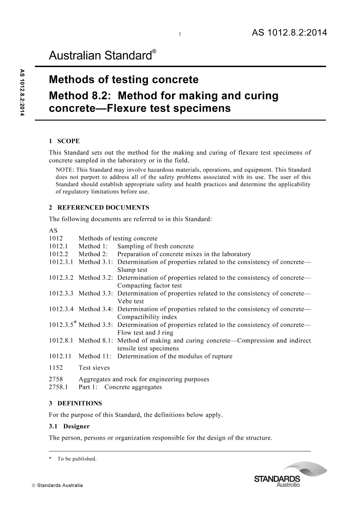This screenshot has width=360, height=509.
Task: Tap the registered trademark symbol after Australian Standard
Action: (x=154, y=52)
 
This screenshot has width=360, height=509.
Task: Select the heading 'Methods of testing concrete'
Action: (x=123, y=80)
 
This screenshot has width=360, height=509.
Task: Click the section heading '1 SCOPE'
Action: (x=64, y=141)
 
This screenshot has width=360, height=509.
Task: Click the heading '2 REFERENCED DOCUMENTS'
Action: (x=99, y=208)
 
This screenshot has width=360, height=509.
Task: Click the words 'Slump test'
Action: (x=132, y=270)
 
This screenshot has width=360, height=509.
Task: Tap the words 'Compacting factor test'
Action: (x=150, y=286)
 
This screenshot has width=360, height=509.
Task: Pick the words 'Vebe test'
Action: (x=131, y=301)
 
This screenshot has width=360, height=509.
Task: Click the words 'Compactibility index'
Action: (x=147, y=317)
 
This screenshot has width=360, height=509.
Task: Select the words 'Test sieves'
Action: (x=94, y=368)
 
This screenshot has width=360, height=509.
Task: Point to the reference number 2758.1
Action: (x=58, y=387)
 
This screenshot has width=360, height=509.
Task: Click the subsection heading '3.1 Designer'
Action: (x=69, y=426)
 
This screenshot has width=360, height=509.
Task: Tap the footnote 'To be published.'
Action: (x=77, y=459)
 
